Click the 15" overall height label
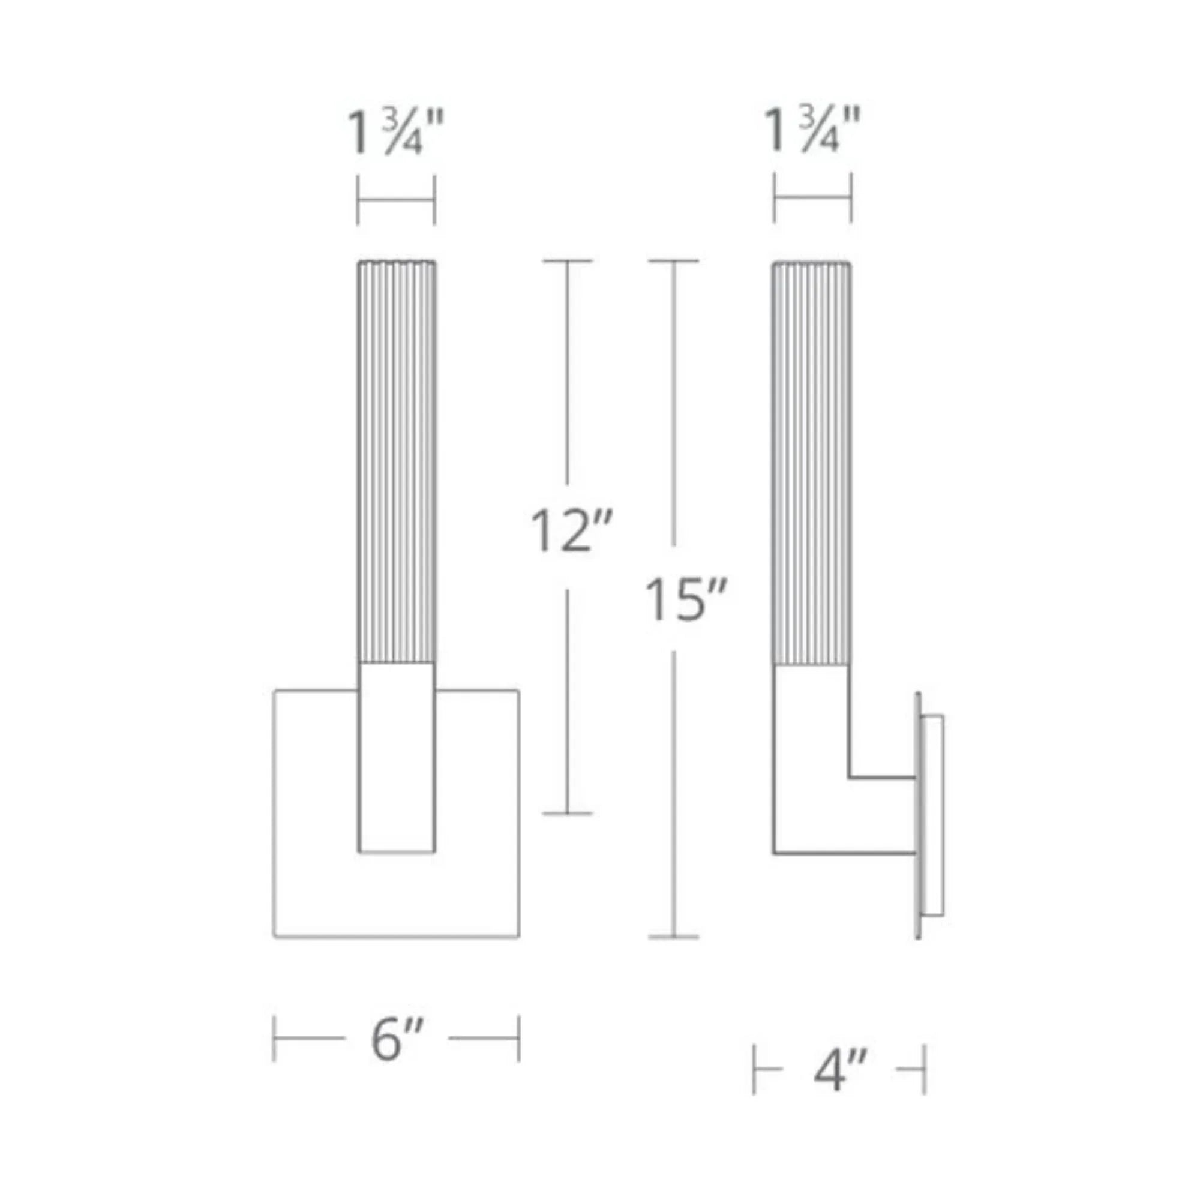click(x=685, y=600)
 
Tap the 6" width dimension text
click(x=397, y=1040)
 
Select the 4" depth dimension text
click(x=839, y=1070)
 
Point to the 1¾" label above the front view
click(x=395, y=134)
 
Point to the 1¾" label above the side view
click(x=812, y=131)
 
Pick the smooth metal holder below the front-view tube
click(x=396, y=758)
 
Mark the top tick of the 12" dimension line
click(x=567, y=262)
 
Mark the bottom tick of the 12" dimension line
click(x=567, y=813)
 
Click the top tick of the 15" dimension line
click(x=674, y=262)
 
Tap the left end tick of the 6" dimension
click(x=274, y=1039)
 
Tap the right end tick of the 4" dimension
click(x=924, y=1069)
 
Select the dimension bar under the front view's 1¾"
click(x=395, y=200)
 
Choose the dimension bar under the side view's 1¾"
click(x=812, y=198)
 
